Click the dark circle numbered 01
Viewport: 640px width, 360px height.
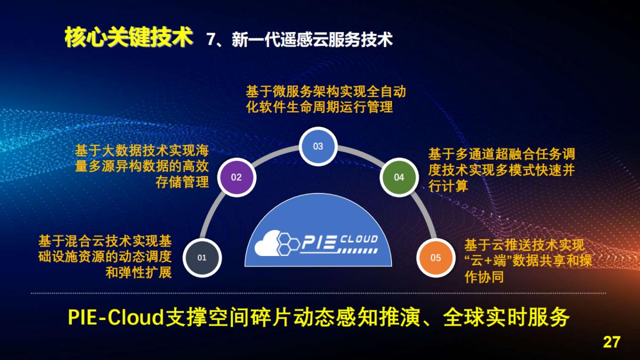point(202,258)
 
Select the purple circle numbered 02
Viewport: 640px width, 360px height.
point(236,177)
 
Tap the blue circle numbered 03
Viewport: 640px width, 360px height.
point(318,146)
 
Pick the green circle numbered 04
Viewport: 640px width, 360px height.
point(399,177)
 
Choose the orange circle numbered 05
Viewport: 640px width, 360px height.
point(436,258)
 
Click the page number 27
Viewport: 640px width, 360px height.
point(612,342)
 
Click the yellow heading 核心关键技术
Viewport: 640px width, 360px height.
point(128,38)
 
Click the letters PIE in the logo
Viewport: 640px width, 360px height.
point(319,244)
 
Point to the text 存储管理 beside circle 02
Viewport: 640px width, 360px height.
point(182,183)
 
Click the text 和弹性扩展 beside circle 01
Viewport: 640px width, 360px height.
point(139,273)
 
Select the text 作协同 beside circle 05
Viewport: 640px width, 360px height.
point(484,277)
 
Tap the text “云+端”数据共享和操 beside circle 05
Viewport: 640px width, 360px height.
point(528,261)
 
